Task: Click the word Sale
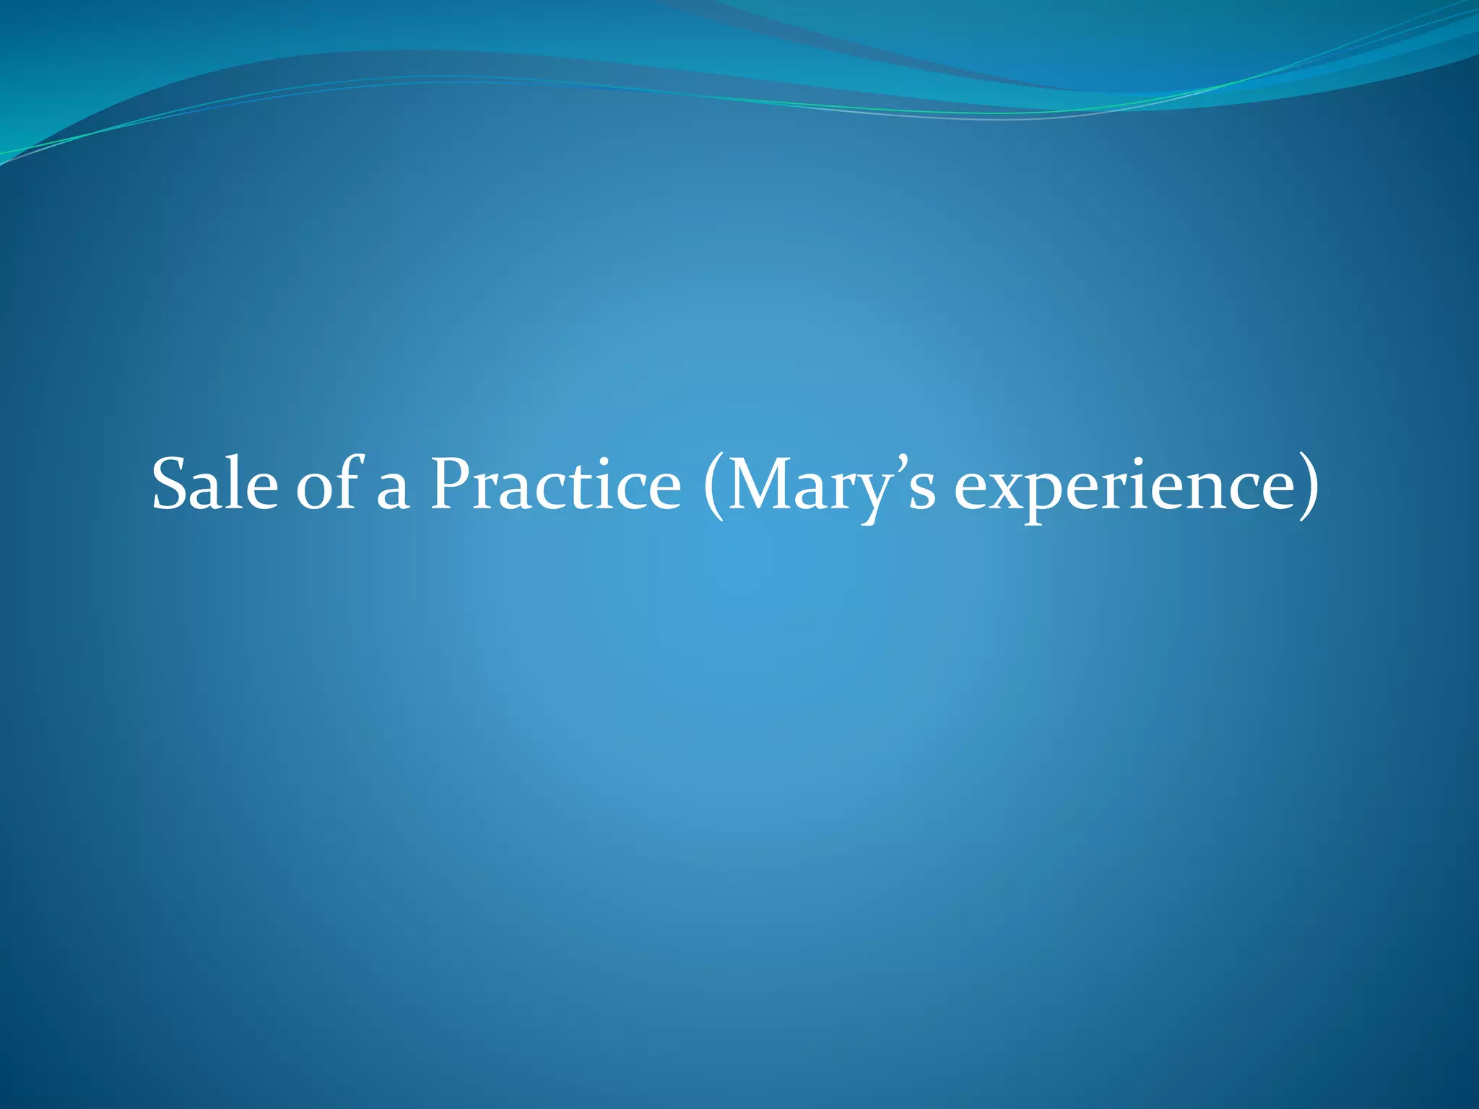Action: click(x=214, y=484)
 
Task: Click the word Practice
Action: click(x=555, y=484)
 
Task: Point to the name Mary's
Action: click(x=831, y=484)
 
